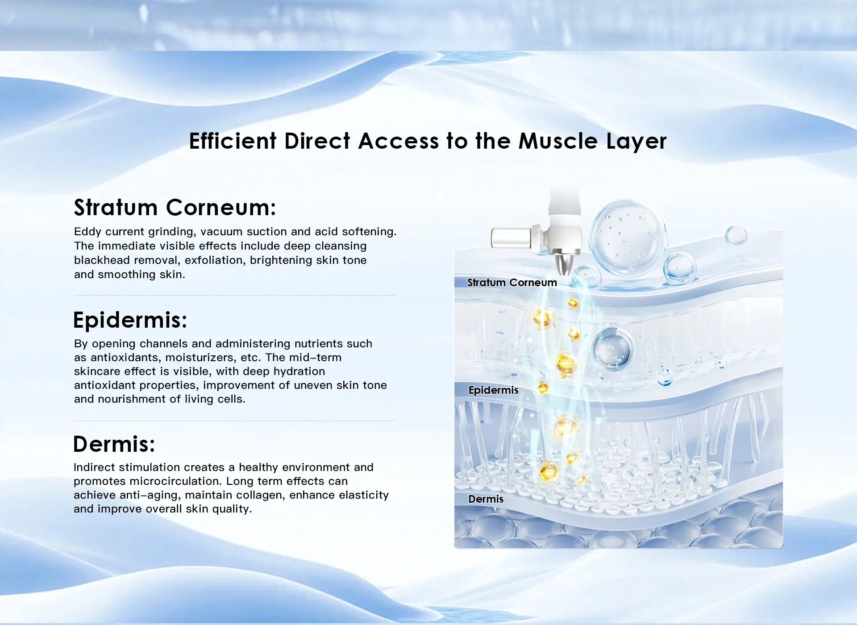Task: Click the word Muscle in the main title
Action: point(558,141)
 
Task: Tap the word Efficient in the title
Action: point(233,141)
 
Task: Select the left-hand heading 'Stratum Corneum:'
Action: point(175,208)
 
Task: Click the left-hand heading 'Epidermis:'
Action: point(130,320)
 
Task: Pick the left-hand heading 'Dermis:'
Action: point(114,444)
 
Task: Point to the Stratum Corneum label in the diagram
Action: point(512,283)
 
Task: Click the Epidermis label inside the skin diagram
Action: point(493,390)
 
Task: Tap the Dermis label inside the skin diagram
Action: point(486,499)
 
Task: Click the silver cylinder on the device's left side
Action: point(512,237)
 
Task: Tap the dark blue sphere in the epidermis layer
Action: point(613,349)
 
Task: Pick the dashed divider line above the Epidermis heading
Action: point(234,295)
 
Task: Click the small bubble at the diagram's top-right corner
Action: point(736,235)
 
